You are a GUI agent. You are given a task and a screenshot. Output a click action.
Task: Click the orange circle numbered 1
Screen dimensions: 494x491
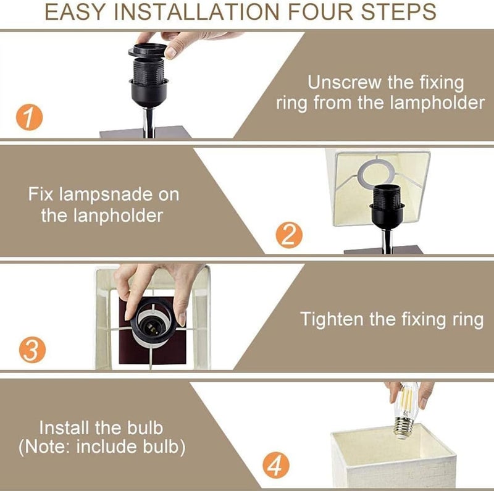pyautogui.click(x=29, y=117)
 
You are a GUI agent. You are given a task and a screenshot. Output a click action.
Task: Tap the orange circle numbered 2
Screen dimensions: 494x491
pyautogui.click(x=289, y=235)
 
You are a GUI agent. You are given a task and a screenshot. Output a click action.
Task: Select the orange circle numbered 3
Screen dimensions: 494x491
pyautogui.click(x=32, y=350)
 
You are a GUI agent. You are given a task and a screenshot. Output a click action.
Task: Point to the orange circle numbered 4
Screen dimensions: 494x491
pyautogui.click(x=276, y=466)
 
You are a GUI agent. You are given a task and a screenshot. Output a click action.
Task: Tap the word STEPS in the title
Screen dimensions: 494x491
pyautogui.click(x=398, y=12)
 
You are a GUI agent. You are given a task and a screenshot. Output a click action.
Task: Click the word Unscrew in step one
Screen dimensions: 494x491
pyautogui.click(x=345, y=83)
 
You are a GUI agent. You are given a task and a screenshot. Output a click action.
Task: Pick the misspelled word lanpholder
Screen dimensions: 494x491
pyautogui.click(x=118, y=216)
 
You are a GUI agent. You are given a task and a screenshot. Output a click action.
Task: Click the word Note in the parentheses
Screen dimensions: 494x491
pyautogui.click(x=50, y=447)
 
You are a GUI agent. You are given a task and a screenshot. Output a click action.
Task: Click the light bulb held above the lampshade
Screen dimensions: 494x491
pyautogui.click(x=407, y=410)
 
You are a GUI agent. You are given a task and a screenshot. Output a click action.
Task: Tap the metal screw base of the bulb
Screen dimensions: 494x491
pyautogui.click(x=404, y=427)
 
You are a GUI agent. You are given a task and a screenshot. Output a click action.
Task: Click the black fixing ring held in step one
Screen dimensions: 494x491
pyautogui.click(x=148, y=50)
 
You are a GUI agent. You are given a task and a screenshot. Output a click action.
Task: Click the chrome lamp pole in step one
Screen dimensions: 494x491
pyautogui.click(x=149, y=122)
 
